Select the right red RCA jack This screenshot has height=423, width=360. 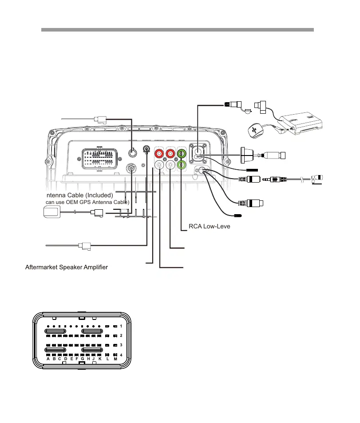pos(170,155)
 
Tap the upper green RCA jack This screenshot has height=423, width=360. pos(181,154)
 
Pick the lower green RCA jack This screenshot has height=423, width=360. pos(181,165)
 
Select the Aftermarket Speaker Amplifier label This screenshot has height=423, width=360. pos(67,267)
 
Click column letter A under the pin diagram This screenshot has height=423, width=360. pos(48,359)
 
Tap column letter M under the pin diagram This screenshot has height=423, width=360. pos(115,359)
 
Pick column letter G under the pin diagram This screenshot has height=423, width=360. pos(83,359)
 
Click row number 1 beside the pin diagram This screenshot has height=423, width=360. pos(121,327)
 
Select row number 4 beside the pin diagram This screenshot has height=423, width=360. pos(121,354)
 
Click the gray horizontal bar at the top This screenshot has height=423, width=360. pos(178,30)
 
